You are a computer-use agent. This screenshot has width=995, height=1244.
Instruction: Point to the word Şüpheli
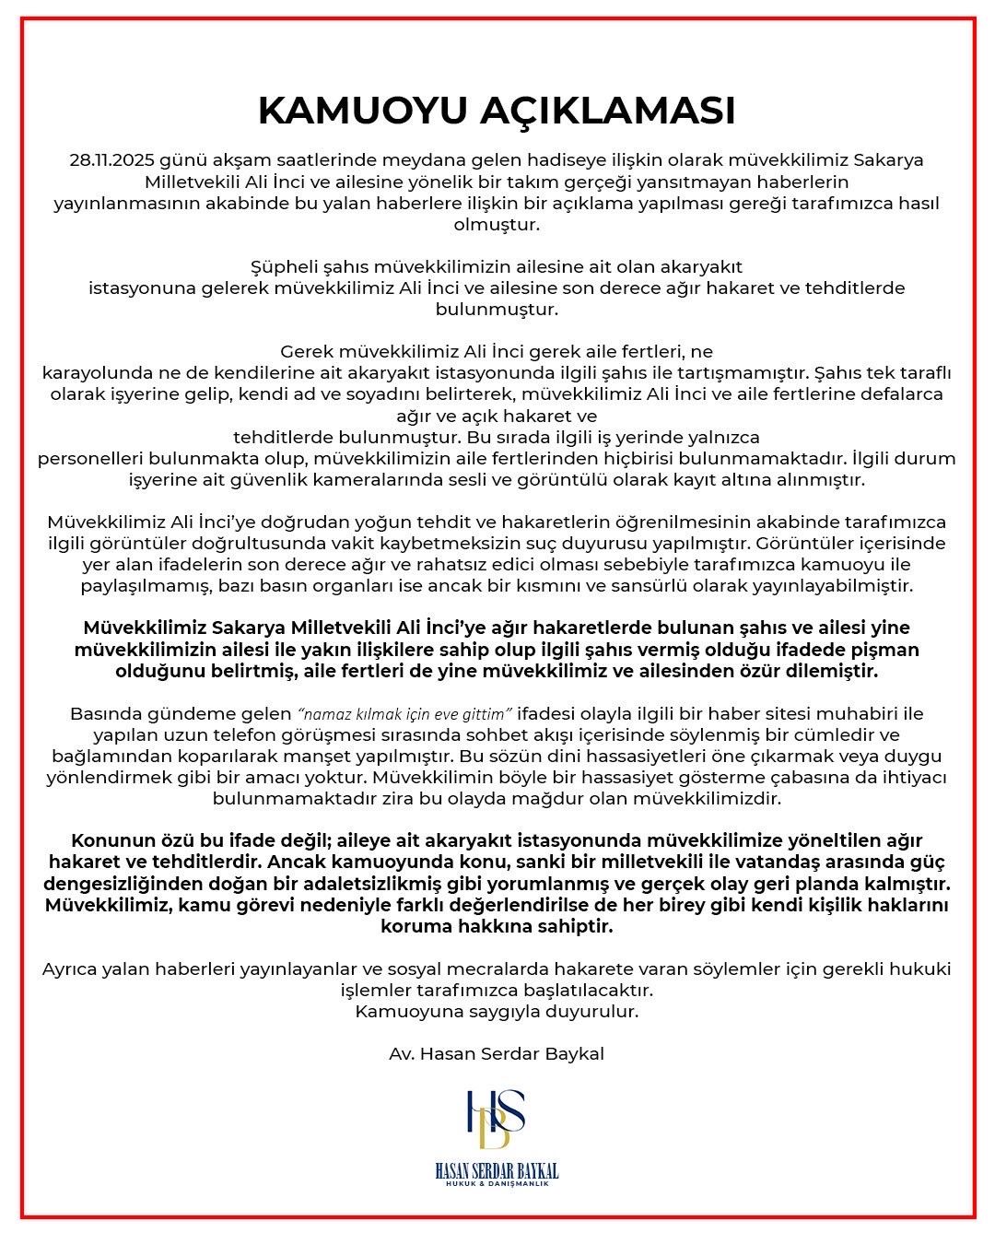coord(284,266)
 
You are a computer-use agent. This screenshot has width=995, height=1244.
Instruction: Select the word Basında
coord(103,714)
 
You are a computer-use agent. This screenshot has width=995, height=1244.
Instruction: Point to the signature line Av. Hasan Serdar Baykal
coord(497,1053)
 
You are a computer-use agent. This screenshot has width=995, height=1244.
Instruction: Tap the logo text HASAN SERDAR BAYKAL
coord(497,1171)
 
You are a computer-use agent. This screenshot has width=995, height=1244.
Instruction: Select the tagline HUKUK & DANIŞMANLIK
coord(497,1183)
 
